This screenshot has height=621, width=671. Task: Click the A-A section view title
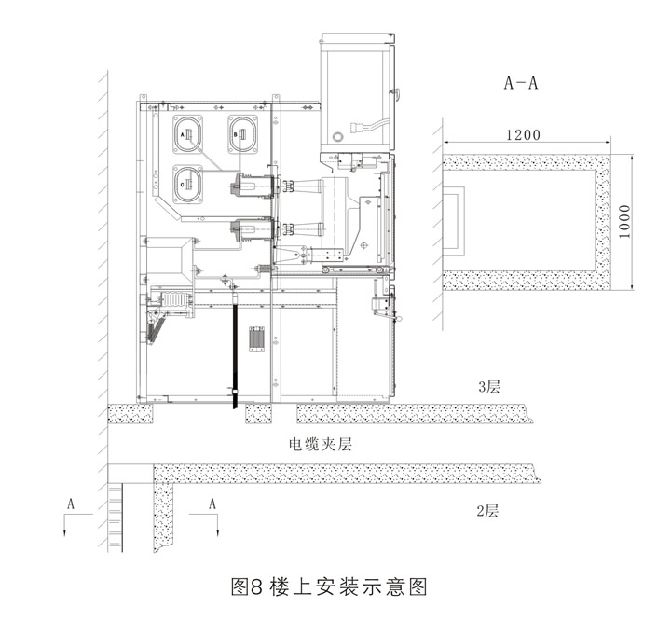click(x=520, y=83)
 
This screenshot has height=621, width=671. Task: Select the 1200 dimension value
click(x=523, y=135)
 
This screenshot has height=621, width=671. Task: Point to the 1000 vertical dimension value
click(x=624, y=221)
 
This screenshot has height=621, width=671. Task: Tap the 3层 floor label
click(x=489, y=387)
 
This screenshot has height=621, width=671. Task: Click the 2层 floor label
click(x=487, y=511)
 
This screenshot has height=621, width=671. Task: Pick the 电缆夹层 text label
click(x=321, y=444)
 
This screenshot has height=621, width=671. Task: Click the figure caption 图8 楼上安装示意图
click(x=329, y=586)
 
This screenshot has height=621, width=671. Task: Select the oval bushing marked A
click(x=187, y=134)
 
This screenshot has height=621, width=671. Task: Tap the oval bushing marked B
click(x=242, y=134)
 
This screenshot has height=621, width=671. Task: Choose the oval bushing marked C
click(x=187, y=185)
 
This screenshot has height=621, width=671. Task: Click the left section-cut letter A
click(x=71, y=504)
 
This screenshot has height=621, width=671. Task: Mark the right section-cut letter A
click(x=212, y=504)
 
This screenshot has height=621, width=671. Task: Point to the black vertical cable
click(x=235, y=348)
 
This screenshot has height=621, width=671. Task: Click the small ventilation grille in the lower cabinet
click(x=257, y=338)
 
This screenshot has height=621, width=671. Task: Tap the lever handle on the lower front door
click(x=389, y=316)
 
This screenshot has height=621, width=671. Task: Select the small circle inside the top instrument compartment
click(x=338, y=137)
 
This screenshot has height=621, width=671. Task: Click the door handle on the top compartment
click(x=395, y=92)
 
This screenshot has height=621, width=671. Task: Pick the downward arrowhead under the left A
click(x=65, y=532)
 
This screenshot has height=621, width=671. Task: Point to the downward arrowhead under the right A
click(x=217, y=532)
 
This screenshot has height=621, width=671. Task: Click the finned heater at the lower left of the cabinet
click(x=173, y=300)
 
